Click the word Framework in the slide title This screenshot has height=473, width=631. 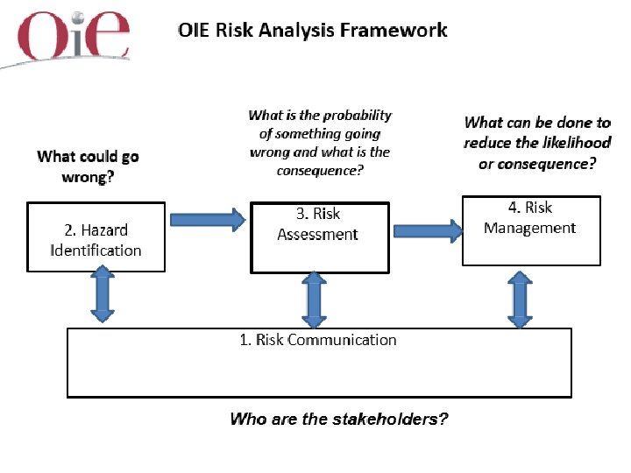(393, 31)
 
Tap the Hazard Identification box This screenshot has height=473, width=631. (96, 239)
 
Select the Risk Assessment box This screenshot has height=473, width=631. (319, 238)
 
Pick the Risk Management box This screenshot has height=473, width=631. (531, 230)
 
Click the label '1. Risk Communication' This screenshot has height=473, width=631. (318, 340)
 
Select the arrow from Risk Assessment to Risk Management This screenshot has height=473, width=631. (429, 231)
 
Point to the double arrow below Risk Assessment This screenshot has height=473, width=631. (314, 299)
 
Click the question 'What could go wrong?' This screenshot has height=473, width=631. (88, 166)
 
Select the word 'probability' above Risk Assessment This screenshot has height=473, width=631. (356, 116)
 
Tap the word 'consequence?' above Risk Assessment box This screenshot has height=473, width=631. (320, 171)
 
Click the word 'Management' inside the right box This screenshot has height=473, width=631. (529, 228)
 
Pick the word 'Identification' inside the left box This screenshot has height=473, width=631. (96, 251)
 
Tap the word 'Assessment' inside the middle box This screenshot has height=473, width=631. (317, 235)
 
